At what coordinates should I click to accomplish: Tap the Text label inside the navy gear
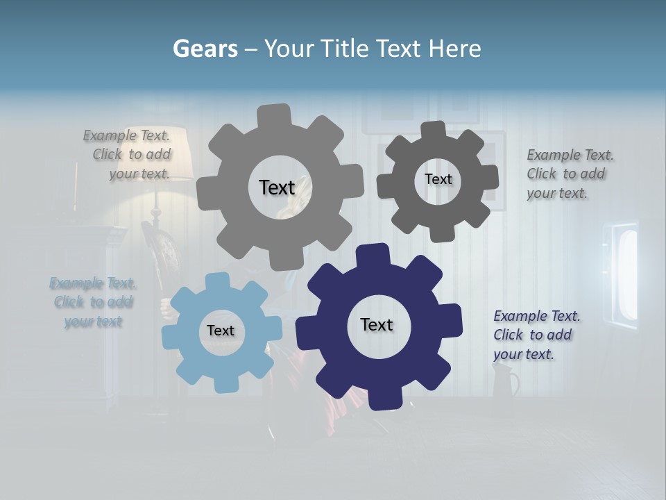point(377,324)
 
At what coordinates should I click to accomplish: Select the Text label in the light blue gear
point(221,331)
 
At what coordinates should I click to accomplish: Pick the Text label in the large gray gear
point(277,187)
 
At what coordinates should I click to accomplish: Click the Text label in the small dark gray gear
point(438,179)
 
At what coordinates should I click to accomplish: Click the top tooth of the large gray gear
point(274,115)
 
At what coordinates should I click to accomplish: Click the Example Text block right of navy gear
point(536,335)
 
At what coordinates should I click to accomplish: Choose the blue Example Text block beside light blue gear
point(93,302)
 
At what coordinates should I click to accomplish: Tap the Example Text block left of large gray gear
point(128,154)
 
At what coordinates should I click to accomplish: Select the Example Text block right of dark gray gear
point(570,174)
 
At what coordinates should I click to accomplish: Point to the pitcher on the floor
point(505,381)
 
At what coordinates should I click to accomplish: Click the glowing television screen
point(626,274)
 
